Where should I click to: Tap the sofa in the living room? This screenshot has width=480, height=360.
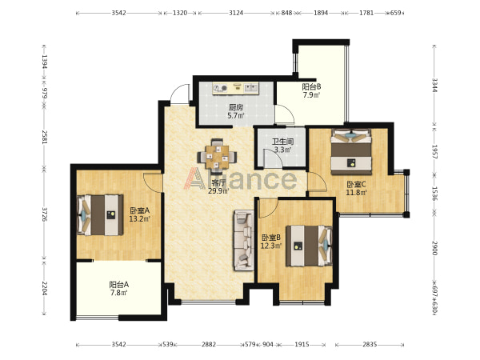point(244,240)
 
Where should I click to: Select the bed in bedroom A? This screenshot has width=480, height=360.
point(100,215)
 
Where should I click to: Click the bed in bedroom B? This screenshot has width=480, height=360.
point(309,246)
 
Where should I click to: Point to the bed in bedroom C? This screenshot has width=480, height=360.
point(351,152)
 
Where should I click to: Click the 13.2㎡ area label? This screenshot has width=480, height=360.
point(139,219)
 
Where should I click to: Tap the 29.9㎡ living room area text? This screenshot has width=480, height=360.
point(218,191)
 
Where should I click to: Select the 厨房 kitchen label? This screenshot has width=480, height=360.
point(236,107)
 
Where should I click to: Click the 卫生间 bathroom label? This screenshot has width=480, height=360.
point(283,142)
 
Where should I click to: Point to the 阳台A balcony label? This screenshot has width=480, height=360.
point(119,285)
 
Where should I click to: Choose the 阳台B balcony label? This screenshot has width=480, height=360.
point(312,86)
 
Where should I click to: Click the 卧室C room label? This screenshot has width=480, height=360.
point(356,184)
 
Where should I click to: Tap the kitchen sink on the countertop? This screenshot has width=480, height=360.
point(250,88)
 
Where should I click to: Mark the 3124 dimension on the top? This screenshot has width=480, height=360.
point(236,13)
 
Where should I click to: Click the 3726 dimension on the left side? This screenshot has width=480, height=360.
point(45,214)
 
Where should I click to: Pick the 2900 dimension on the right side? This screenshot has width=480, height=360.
point(434,248)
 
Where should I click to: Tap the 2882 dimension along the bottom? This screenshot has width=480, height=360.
point(209,345)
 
